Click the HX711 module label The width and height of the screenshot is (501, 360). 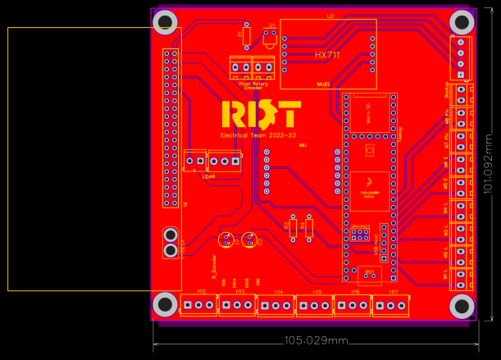pyautogui.click(x=327, y=55)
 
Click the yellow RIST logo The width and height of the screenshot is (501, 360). pyautogui.click(x=262, y=115)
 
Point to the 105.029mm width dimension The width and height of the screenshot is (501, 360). pyautogui.click(x=316, y=340)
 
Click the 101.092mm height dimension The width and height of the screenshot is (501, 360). pyautogui.click(x=489, y=164)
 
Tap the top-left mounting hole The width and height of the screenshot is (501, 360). pyautogui.click(x=165, y=21)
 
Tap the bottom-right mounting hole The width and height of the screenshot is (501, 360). pyautogui.click(x=462, y=306)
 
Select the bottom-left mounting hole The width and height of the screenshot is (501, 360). pyautogui.click(x=165, y=305)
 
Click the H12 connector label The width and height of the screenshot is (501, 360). pyautogui.click(x=202, y=292)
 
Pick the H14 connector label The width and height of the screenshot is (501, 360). pyautogui.click(x=279, y=292)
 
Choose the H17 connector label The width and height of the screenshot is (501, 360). pyautogui.click(x=394, y=292)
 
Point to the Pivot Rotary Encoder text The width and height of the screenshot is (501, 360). pyautogui.click(x=251, y=84)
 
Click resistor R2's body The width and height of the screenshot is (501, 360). pyautogui.click(x=293, y=228)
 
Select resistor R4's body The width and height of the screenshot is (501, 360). pyautogui.click(x=308, y=228)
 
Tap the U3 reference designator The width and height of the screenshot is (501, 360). pyautogui.click(x=330, y=16)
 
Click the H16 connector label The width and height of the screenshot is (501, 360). pyautogui.click(x=355, y=292)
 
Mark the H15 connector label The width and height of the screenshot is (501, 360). pyautogui.click(x=317, y=292)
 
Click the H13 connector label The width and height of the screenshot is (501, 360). pyautogui.click(x=239, y=292)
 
